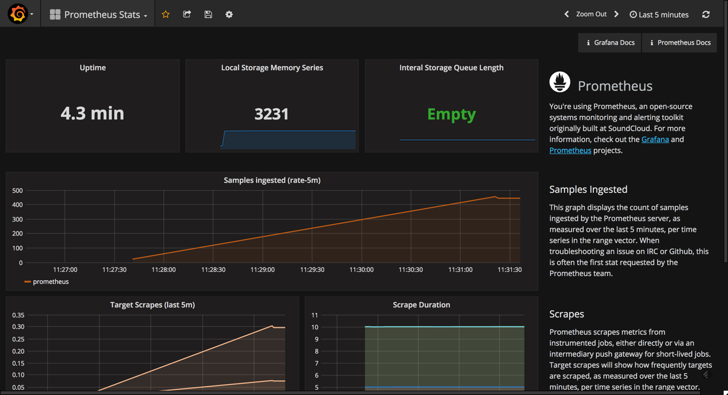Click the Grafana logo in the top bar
(18, 14)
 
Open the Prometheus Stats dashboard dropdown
(98, 15)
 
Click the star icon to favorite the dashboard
(166, 15)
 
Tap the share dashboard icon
(187, 15)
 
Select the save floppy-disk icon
(208, 15)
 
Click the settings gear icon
(229, 15)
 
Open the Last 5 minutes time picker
(659, 15)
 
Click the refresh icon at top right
(706, 15)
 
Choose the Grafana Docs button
(610, 42)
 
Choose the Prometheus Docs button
(680, 42)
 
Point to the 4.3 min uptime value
(93, 113)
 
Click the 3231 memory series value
(271, 114)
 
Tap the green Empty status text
(451, 114)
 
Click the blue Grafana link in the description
(655, 139)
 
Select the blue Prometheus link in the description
(570, 150)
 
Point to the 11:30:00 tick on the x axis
(361, 270)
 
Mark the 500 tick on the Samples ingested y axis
(17, 191)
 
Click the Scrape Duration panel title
(421, 305)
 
